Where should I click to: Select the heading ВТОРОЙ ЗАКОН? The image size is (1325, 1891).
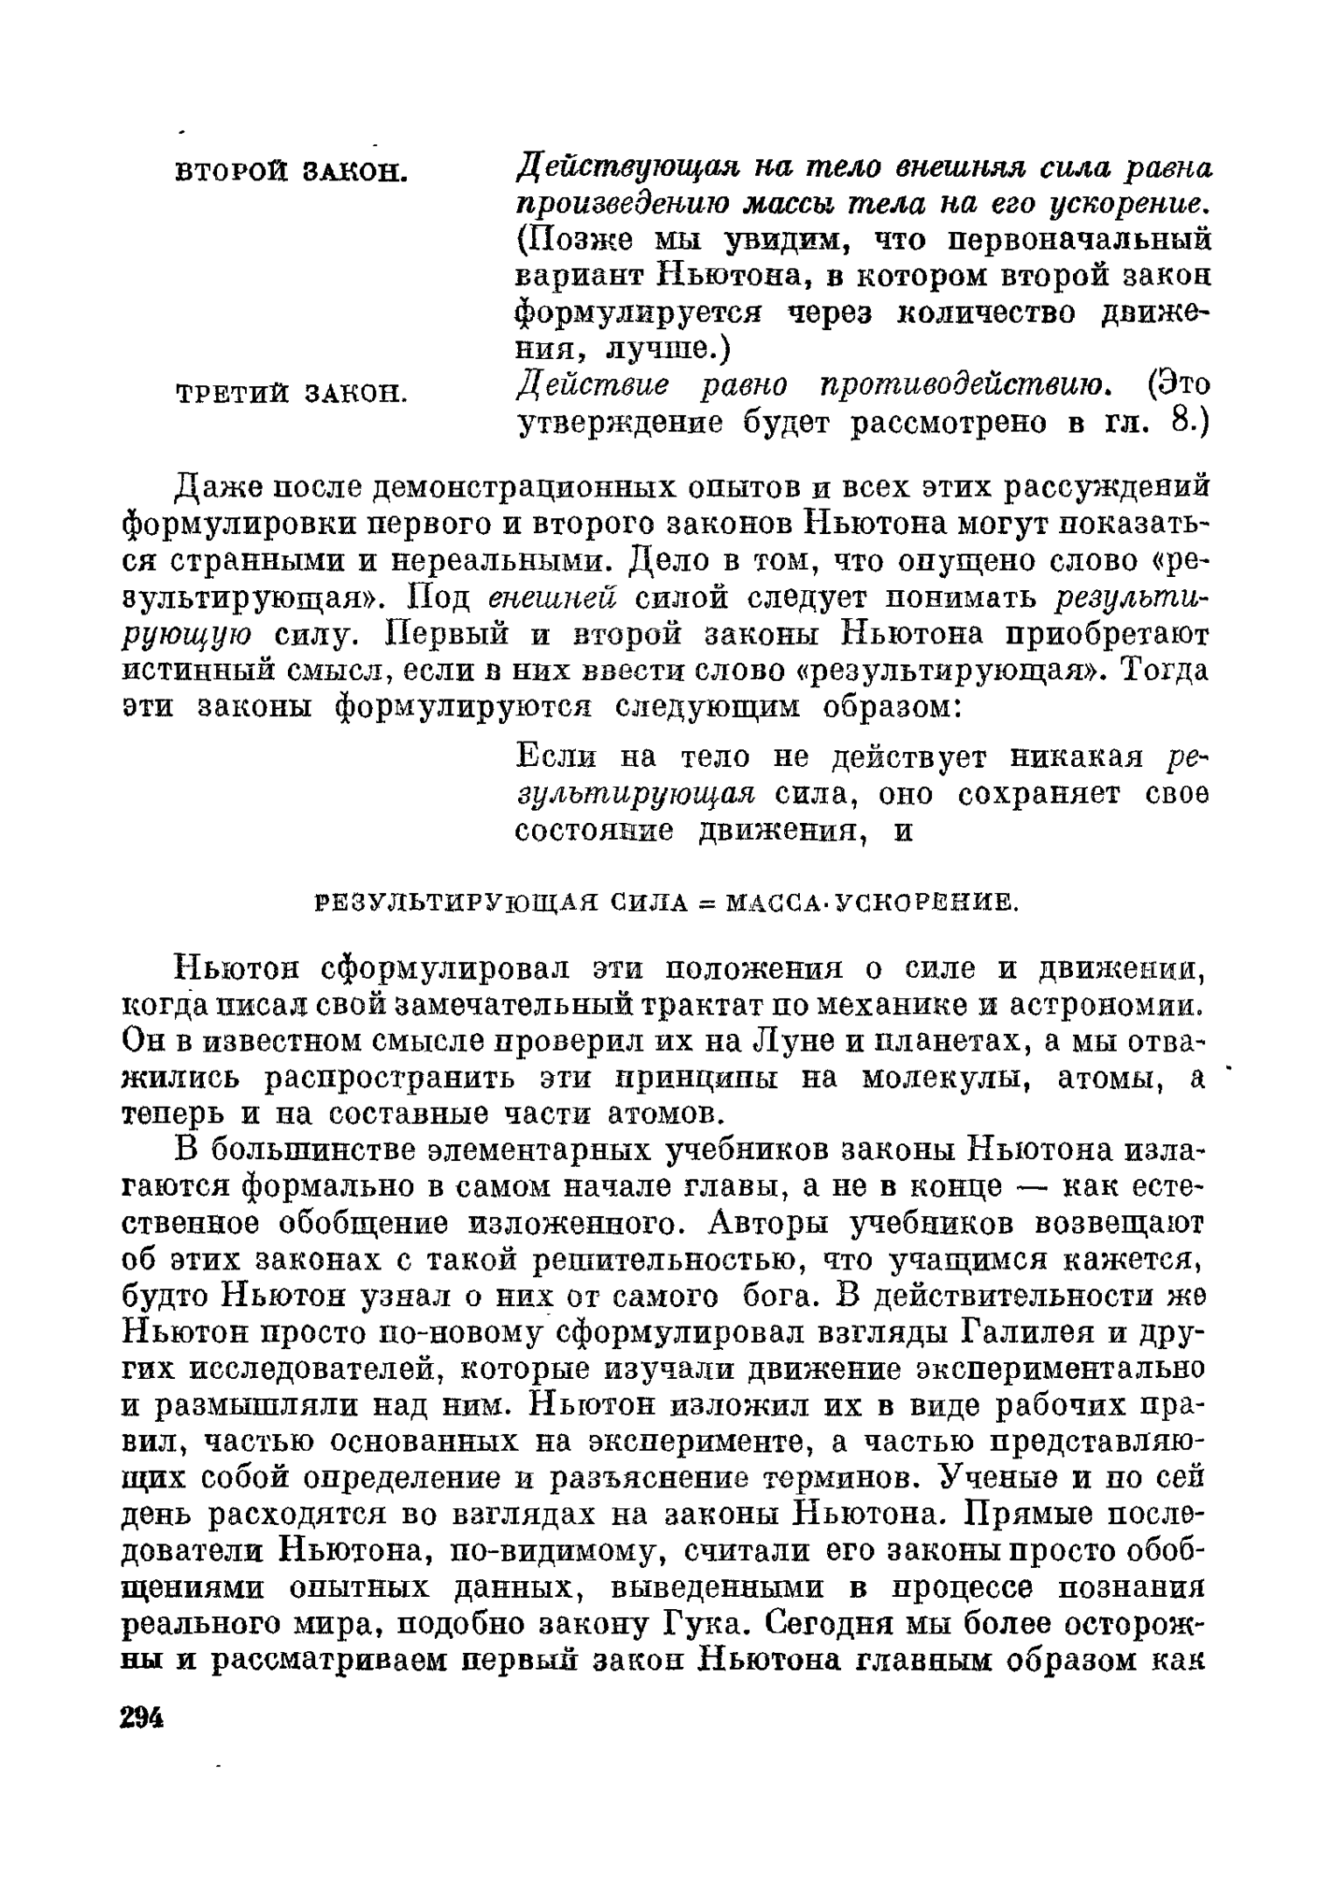click(292, 172)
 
